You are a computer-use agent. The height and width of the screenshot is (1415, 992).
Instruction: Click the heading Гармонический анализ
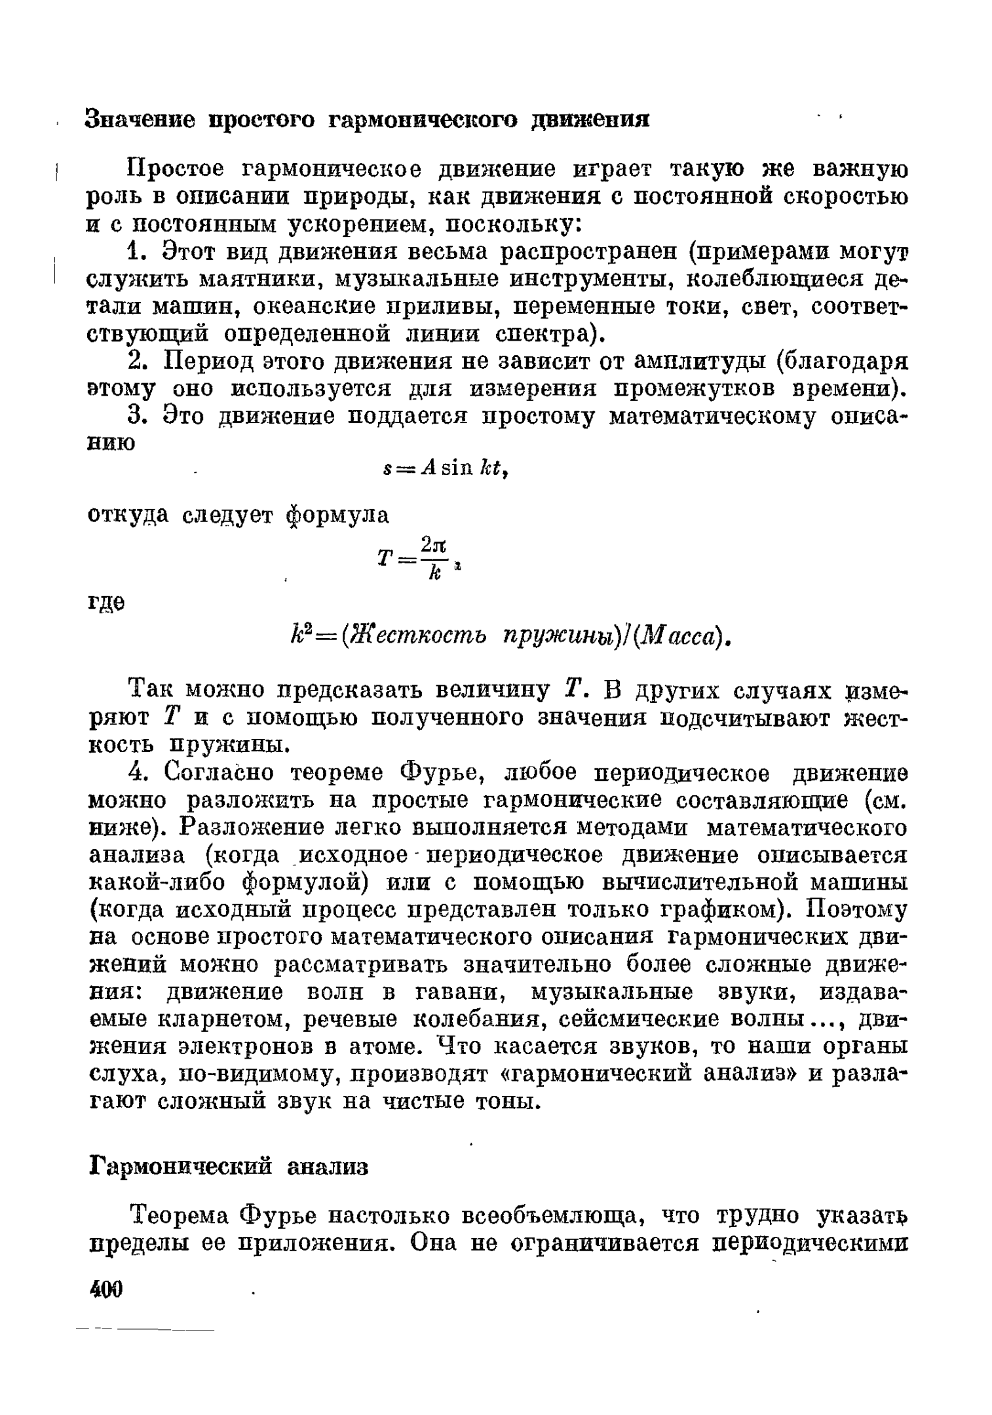pos(228,1167)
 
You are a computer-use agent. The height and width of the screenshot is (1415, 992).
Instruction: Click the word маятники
pos(263,280)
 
